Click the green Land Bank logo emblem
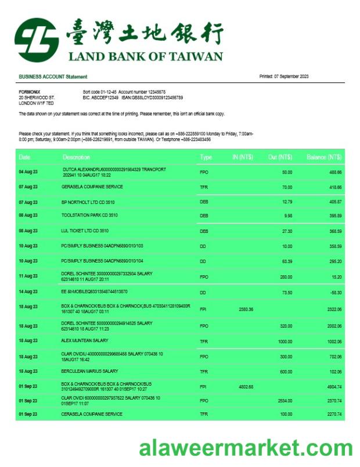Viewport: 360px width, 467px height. point(36,39)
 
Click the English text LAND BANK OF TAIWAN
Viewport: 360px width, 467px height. point(145,56)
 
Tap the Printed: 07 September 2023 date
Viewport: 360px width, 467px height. point(283,77)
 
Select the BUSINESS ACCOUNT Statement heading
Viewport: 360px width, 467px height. point(53,77)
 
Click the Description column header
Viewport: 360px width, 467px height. point(77,157)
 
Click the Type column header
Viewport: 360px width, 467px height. point(206,157)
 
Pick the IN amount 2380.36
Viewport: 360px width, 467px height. point(246,310)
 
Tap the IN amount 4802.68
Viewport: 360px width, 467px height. point(246,386)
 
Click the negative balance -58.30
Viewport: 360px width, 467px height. point(335,292)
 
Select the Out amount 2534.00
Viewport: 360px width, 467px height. point(284,401)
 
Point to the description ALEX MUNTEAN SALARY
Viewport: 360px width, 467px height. point(85,340)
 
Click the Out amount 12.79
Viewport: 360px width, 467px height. point(287,202)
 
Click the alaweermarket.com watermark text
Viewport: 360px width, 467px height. point(245,448)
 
